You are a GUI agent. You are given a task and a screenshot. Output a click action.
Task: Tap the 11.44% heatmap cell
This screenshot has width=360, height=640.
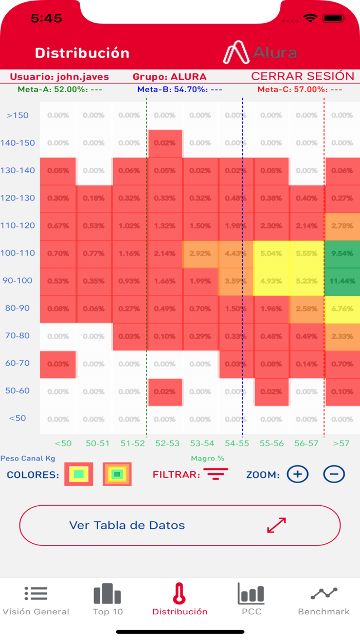pyautogui.click(x=343, y=281)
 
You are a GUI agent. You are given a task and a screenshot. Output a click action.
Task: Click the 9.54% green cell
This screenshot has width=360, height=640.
pyautogui.click(x=343, y=253)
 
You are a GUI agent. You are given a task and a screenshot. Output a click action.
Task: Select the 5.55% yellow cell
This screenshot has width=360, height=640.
pyautogui.click(x=307, y=253)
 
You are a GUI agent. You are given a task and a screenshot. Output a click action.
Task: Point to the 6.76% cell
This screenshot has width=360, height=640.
pyautogui.click(x=343, y=309)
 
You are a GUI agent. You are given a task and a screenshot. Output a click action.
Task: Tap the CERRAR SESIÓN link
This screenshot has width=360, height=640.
pyautogui.click(x=302, y=77)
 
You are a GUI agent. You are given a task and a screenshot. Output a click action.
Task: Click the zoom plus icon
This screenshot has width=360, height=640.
pyautogui.click(x=297, y=474)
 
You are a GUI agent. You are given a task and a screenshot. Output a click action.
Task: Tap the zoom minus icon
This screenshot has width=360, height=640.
pyautogui.click(x=334, y=474)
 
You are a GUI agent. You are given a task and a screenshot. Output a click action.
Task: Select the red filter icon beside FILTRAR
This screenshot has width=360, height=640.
pyautogui.click(x=216, y=474)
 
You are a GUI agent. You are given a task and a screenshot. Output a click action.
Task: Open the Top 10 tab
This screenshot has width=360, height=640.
pyautogui.click(x=107, y=599)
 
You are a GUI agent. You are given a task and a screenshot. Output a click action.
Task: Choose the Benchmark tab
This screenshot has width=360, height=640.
pyautogui.click(x=323, y=599)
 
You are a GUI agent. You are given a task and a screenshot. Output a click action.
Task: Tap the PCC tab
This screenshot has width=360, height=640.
pyautogui.click(x=251, y=599)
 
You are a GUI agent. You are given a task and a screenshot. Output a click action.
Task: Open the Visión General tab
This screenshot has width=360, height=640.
pyautogui.click(x=36, y=599)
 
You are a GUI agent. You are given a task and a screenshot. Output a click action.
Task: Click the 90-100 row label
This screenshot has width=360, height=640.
pyautogui.click(x=18, y=281)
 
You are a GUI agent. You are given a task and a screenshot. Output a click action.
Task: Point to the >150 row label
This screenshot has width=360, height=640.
pyautogui.click(x=17, y=115)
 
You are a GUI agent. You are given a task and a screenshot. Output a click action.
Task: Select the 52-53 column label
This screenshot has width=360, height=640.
pyautogui.click(x=167, y=443)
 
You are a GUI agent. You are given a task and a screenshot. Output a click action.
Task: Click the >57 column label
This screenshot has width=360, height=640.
pyautogui.click(x=341, y=443)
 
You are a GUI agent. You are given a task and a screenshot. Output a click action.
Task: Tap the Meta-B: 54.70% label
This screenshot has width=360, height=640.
pyautogui.click(x=179, y=90)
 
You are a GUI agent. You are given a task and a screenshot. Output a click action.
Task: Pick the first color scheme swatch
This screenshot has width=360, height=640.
pyautogui.click(x=79, y=474)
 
